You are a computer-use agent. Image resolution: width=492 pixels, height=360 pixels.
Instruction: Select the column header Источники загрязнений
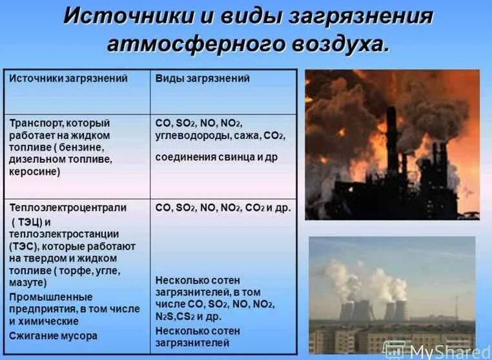click(68, 78)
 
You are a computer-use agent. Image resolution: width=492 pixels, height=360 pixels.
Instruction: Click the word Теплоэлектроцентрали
click(68, 207)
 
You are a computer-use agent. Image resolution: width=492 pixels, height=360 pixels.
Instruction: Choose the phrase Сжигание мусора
click(54, 336)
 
